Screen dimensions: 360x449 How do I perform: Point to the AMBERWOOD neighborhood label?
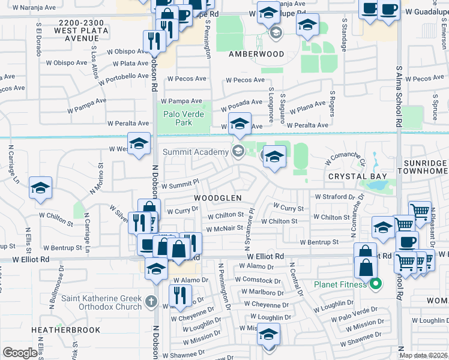coord(256,53)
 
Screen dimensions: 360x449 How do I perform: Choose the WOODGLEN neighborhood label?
coord(217,198)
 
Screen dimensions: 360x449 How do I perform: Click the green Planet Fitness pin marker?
coord(376,284)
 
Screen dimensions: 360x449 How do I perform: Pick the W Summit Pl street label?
coord(179,185)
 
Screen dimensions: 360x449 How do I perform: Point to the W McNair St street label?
coord(224,229)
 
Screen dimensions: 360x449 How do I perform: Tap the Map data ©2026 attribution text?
coord(424,355)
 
